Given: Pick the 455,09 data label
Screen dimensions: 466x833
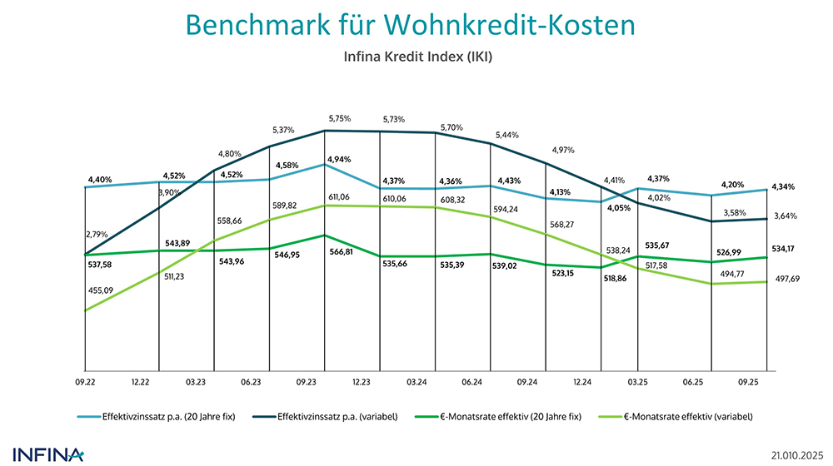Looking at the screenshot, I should [99, 290].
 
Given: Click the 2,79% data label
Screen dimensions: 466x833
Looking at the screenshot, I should [97, 235].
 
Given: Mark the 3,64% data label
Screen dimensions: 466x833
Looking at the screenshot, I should [784, 216].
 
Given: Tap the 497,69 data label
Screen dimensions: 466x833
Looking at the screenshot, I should [782, 293].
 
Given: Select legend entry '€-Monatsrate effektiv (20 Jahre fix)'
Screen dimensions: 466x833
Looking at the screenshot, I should [509, 418].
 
